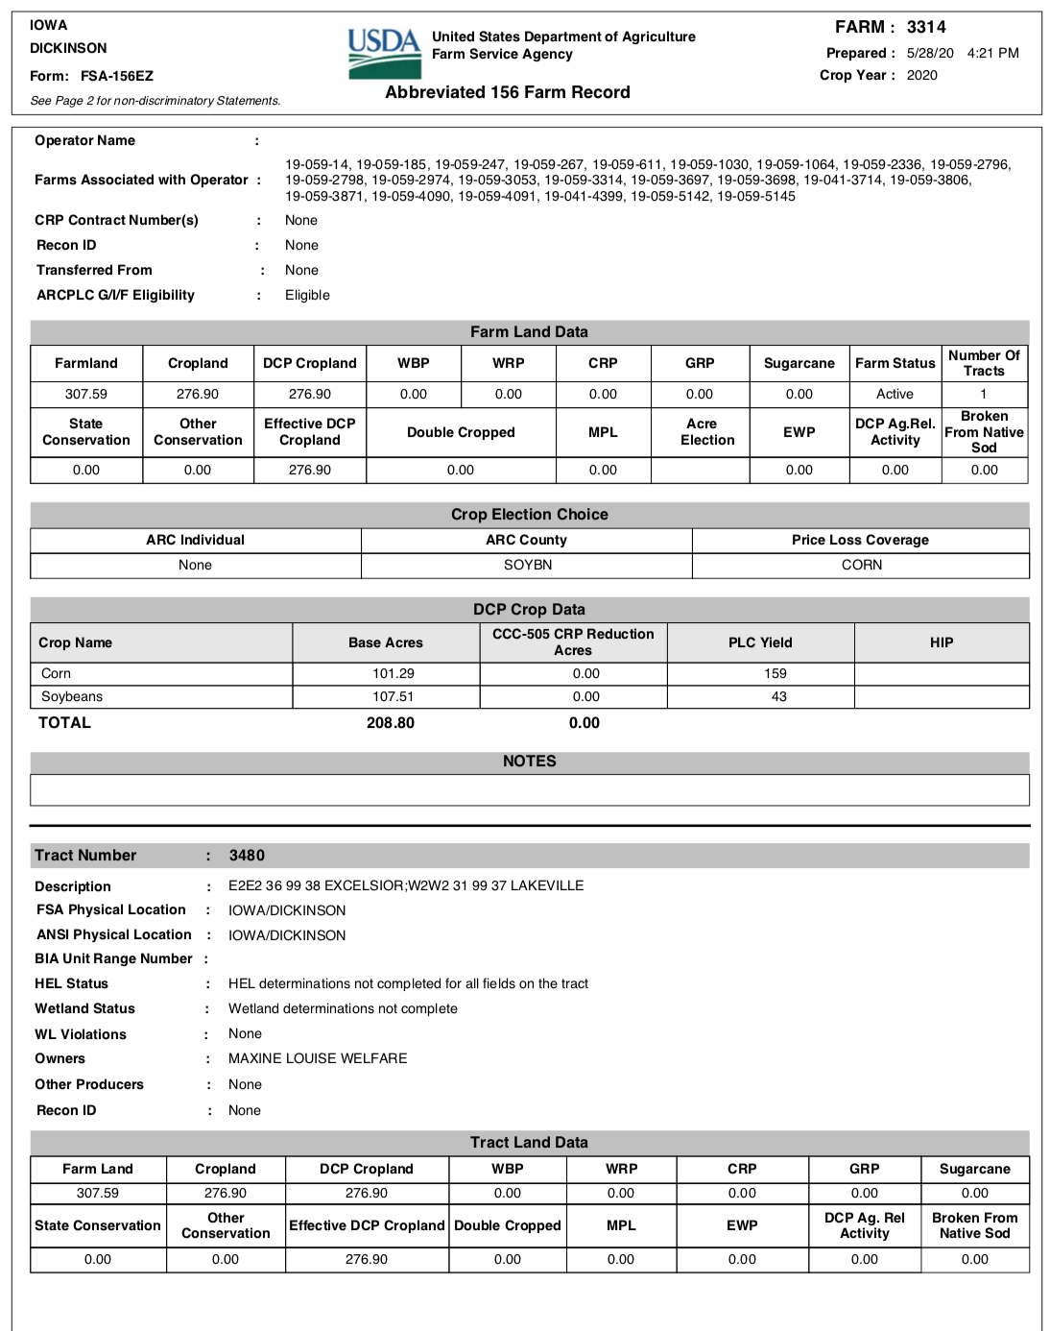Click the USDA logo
tap(384, 54)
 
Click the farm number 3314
tap(926, 27)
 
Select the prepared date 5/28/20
tap(930, 53)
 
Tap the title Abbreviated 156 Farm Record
tap(508, 92)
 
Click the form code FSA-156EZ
tap(117, 76)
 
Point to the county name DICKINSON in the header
tap(68, 48)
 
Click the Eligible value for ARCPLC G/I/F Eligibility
tap(307, 295)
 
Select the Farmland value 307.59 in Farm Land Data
tap(86, 394)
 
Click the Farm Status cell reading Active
tap(895, 394)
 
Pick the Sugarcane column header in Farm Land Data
tap(799, 363)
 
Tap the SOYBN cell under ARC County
tap(528, 565)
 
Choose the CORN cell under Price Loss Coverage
tap(862, 565)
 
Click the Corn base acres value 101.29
tap(394, 673)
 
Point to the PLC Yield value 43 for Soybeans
tap(778, 696)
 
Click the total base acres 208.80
tap(391, 722)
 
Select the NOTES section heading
tap(530, 761)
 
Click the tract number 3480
tap(247, 855)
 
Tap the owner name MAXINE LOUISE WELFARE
tap(318, 1058)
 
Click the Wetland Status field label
tap(84, 1008)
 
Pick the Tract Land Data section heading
tap(529, 1142)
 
